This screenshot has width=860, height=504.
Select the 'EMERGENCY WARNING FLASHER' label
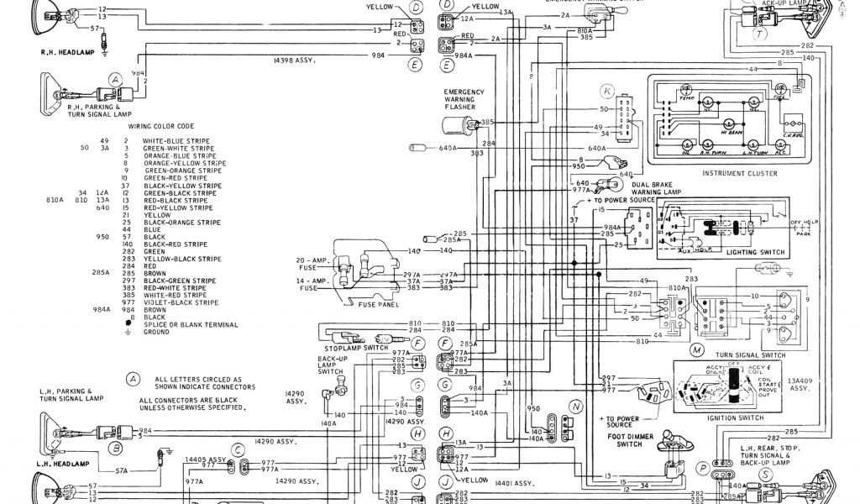(465, 99)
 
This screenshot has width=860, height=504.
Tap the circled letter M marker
(696, 349)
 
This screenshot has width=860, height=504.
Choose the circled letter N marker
(575, 406)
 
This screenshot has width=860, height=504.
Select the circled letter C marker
(239, 450)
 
